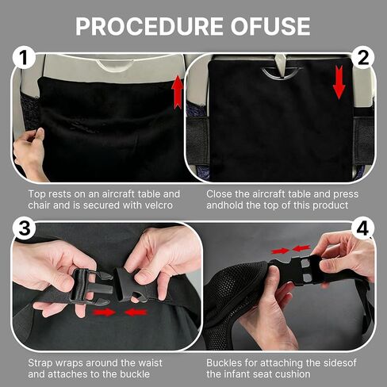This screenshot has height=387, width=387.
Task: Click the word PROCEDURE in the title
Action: point(149,26)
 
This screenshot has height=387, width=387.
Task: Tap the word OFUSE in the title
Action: point(270,26)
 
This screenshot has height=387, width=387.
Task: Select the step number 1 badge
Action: point(24,58)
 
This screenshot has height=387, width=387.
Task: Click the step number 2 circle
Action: point(362,58)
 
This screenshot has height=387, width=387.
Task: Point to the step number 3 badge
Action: point(25,228)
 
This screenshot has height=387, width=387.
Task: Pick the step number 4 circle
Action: point(362,228)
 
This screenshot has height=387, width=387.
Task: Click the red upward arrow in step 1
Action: point(178,92)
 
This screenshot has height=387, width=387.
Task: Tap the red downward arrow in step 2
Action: point(339,82)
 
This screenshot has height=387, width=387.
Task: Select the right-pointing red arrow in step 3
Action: point(105,312)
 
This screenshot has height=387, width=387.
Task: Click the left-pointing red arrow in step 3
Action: point(136,312)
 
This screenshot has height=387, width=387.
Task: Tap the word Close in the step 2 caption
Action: point(219,194)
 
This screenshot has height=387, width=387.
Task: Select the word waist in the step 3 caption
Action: point(149,363)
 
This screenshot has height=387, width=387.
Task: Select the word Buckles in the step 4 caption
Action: point(224,363)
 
